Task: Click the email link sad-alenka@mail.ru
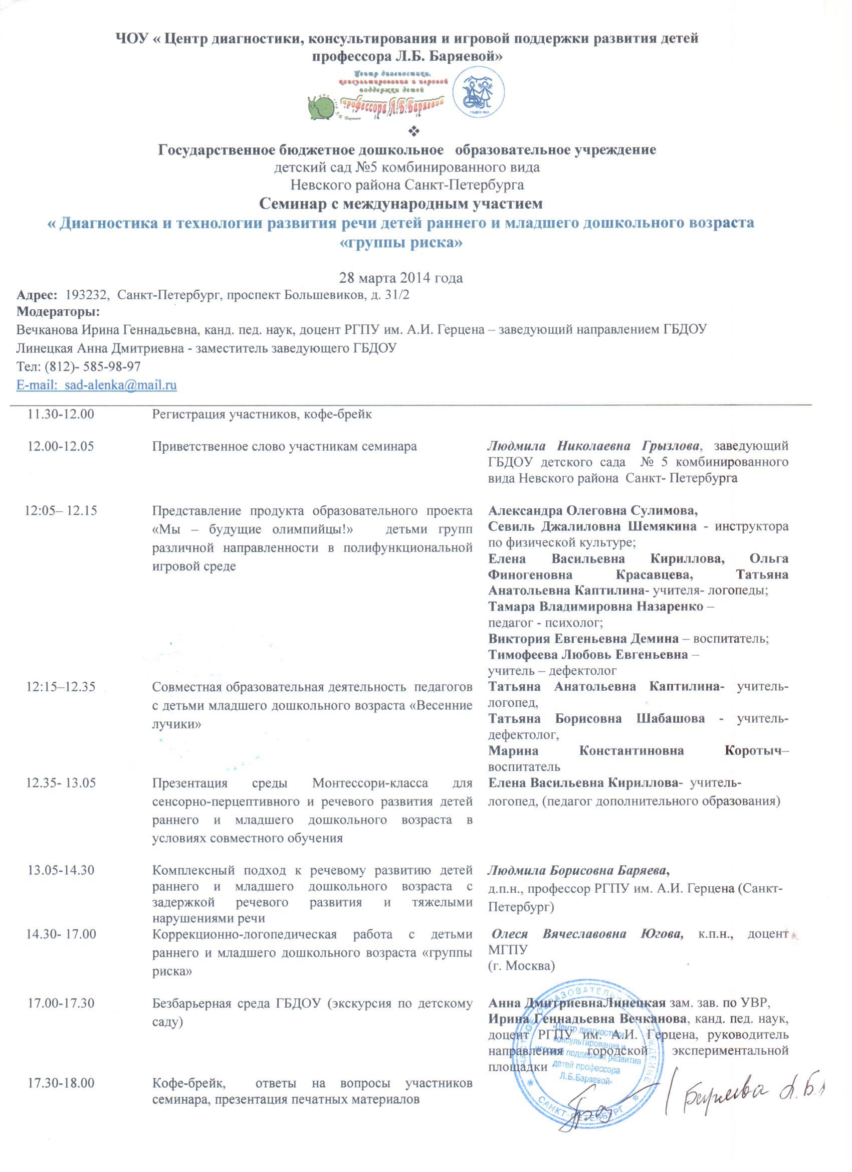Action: [x=97, y=385]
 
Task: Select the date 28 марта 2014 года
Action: [x=400, y=278]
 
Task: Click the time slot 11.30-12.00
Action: [x=61, y=414]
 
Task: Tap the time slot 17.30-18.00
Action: [x=61, y=1068]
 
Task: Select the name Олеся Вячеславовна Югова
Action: [x=587, y=934]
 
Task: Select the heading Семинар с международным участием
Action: [x=400, y=204]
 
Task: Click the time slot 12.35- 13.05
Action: [x=61, y=783]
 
